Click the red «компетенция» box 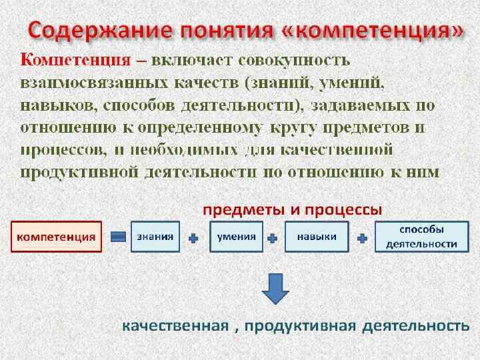pos(56,237)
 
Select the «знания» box pos(155,237)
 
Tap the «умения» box pos(233,237)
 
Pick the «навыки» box pos(317,237)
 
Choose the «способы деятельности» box pos(421,237)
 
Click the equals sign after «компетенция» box pos(118,237)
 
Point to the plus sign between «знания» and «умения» pos(193,237)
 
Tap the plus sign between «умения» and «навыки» pos(272,237)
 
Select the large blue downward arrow pos(274,287)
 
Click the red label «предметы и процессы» pos(292,209)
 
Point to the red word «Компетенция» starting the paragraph pos(75,60)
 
